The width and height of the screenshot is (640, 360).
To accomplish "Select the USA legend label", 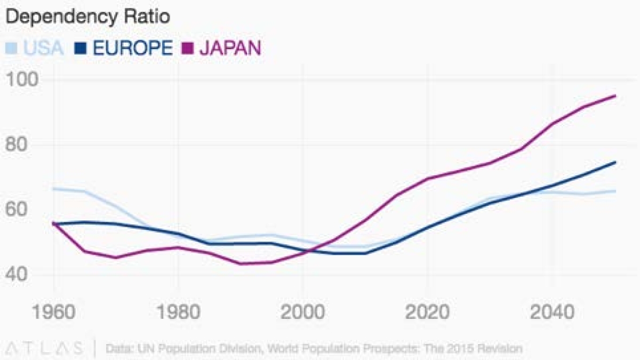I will (44, 48).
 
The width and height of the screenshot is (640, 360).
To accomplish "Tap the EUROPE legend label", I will (132, 48).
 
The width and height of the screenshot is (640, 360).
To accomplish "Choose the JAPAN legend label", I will (230, 48).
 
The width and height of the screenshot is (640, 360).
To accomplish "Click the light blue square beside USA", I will (11, 48).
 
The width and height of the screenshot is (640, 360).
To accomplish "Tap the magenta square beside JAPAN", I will (187, 48).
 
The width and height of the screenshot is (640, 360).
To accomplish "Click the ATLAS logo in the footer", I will (46, 349).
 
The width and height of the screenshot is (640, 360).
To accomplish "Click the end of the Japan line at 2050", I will (615, 96).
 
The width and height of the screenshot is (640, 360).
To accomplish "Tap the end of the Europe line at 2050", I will (615, 162).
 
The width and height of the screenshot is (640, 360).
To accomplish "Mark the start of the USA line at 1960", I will (53, 188).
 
